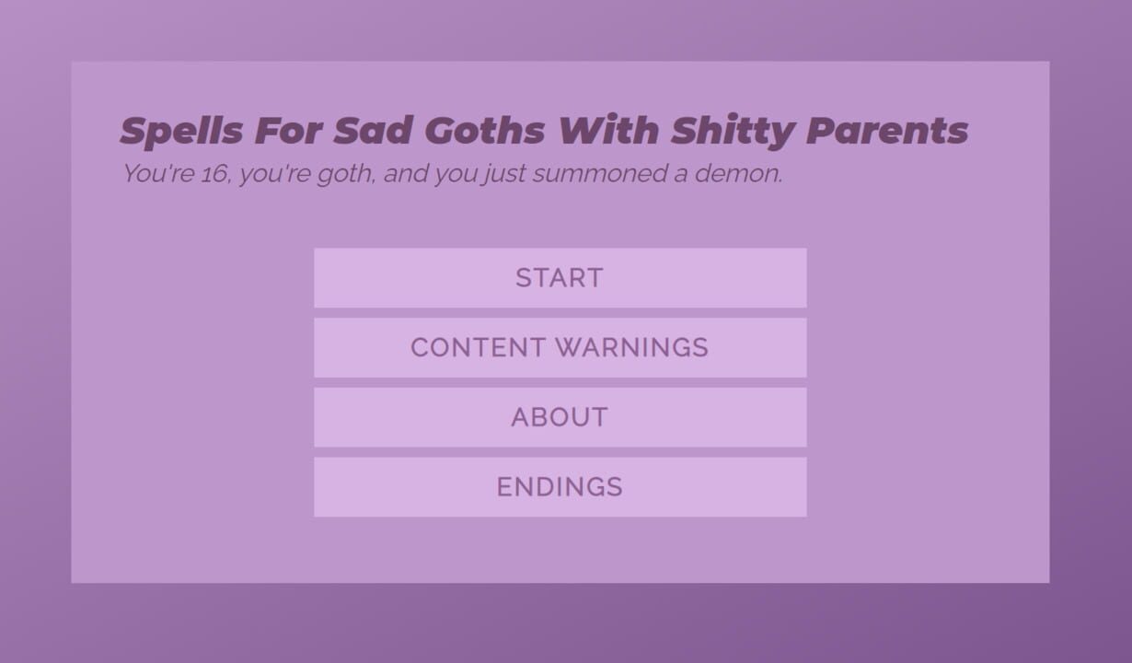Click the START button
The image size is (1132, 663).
tap(560, 278)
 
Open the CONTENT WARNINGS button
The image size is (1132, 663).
tap(560, 347)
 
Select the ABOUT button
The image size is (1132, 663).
tap(560, 417)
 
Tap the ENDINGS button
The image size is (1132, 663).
tap(560, 487)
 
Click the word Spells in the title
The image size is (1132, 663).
tap(181, 132)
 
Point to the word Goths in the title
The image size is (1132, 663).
tap(488, 131)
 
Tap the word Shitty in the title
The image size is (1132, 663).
tap(733, 132)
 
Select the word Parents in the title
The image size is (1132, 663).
tap(887, 132)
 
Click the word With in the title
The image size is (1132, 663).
tap(609, 130)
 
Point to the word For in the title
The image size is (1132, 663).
tap(289, 131)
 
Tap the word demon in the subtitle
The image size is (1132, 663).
tap(739, 173)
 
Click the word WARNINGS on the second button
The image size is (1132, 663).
tap(632, 347)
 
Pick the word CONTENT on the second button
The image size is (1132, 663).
tap(478, 347)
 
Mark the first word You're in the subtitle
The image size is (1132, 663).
tap(158, 173)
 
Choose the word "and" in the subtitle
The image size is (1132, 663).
tap(405, 173)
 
